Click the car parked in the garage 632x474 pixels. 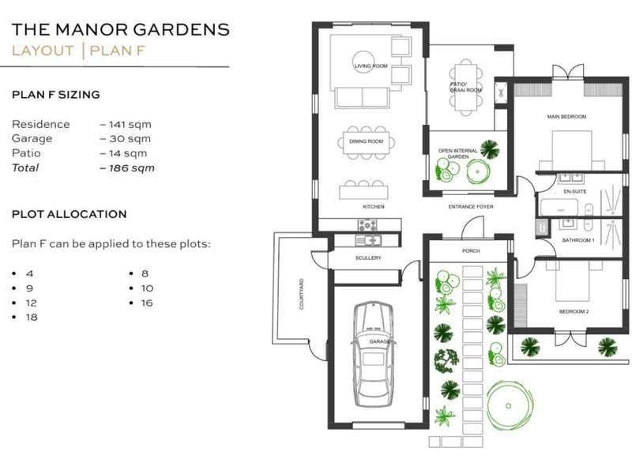pos(373,354)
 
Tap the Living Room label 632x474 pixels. pos(371,66)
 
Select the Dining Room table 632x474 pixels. pos(367,141)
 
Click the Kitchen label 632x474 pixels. pos(374,207)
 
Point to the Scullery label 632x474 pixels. pos(368,258)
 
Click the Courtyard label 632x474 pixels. pos(302,294)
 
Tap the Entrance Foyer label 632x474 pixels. pos(471,207)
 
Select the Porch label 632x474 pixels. pos(471,250)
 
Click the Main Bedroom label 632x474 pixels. pos(566,116)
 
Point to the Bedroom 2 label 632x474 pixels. pos(574,311)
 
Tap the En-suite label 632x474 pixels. pos(575,191)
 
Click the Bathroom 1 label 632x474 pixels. pos(578,240)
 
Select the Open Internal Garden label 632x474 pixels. pos(458,153)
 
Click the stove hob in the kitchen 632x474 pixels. pos(367,225)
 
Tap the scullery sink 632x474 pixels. pos(367,241)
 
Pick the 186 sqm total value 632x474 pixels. pos(128,168)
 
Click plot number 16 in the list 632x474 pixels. pos(147,303)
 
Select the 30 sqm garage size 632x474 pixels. pos(126,139)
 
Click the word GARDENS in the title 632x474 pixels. pos(182,30)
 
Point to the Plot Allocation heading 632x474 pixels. pos(70,214)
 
